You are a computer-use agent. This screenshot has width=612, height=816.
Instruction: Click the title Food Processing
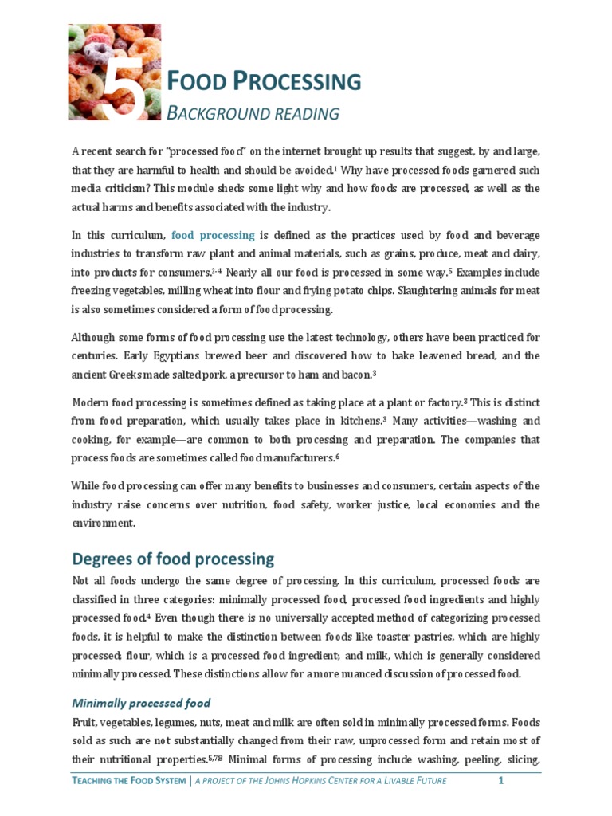[263, 80]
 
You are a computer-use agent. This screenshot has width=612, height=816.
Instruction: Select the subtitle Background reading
[253, 113]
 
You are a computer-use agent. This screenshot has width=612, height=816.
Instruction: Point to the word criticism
[130, 189]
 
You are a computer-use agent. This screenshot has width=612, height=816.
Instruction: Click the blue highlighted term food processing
[213, 235]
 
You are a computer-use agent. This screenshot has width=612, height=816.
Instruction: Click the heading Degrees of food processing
[173, 559]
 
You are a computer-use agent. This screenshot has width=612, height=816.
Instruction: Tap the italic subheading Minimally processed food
[141, 704]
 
